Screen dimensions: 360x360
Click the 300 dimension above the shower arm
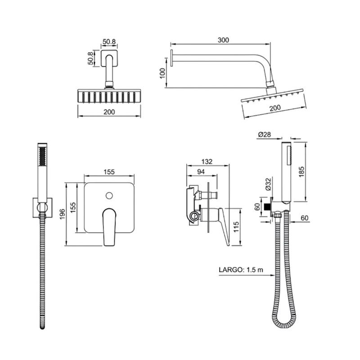point(223,40)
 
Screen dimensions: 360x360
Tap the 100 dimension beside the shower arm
point(162,73)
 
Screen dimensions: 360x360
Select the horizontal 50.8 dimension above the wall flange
point(109,42)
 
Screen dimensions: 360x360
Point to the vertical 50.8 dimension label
point(91,58)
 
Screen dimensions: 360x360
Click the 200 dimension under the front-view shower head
point(109,112)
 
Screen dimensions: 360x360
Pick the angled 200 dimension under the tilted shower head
point(275,108)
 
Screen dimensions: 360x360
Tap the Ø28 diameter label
point(264,134)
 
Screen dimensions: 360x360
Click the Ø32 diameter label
point(268,184)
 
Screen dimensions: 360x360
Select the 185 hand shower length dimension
point(301,171)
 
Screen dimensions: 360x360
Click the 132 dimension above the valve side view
point(207,162)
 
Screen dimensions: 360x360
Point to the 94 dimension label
point(201,171)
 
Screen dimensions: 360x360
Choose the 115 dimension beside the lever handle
point(236,227)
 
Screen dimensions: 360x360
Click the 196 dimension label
point(63,214)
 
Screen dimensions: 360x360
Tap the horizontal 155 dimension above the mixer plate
point(109,172)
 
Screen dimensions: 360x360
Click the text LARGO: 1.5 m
point(241,270)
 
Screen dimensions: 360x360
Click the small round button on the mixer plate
point(109,196)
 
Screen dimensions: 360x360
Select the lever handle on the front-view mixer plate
point(109,227)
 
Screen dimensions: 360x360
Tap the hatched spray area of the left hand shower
point(42,156)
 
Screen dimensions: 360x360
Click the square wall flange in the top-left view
point(109,58)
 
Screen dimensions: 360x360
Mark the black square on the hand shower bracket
point(267,207)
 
